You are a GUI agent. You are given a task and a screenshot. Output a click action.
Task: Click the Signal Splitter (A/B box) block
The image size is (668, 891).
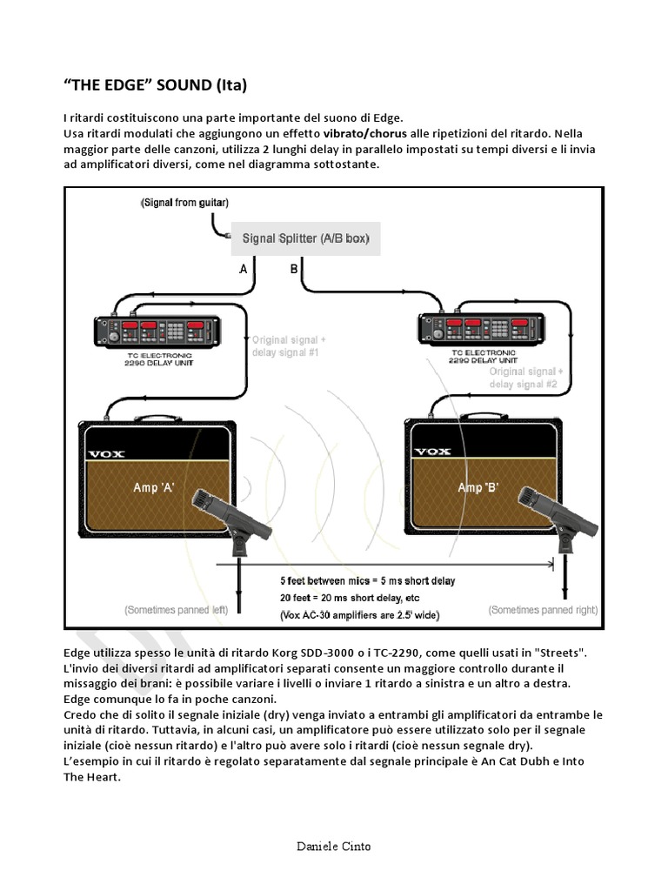tap(305, 238)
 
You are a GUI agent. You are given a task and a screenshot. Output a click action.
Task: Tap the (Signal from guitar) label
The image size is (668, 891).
tap(184, 203)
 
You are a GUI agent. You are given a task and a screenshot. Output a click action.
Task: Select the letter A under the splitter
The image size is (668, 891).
tap(244, 269)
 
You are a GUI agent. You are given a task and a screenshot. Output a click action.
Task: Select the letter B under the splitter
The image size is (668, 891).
tap(294, 269)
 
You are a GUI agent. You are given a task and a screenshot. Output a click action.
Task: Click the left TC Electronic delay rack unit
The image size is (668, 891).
tap(157, 332)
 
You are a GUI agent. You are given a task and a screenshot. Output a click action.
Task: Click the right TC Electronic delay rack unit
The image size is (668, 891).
tap(482, 328)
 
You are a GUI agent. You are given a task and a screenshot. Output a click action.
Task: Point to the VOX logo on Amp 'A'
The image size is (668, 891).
tap(106, 454)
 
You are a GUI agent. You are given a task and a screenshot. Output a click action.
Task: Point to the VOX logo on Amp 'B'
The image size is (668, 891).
tap(433, 452)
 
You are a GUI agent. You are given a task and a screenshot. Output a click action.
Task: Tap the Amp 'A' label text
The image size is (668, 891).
tap(153, 487)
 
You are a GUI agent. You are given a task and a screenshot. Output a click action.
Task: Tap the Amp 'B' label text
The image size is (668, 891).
tap(478, 487)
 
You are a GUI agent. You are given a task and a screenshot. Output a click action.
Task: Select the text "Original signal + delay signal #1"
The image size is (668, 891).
tap(289, 346)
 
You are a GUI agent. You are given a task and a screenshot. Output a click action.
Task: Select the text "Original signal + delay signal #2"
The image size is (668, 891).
tap(526, 378)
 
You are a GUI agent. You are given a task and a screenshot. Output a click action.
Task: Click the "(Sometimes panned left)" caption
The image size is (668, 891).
tap(176, 610)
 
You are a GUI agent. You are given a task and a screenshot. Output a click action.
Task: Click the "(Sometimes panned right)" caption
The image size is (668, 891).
tap(543, 610)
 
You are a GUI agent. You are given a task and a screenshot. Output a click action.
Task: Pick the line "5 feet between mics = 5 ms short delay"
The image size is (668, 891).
tap(368, 580)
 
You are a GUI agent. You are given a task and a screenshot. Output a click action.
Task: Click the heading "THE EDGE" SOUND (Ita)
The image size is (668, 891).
tap(155, 85)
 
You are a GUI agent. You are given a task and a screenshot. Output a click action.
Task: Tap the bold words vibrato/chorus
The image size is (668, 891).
tap(365, 134)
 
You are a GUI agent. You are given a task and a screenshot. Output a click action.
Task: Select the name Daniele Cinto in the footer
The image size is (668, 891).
tap(333, 847)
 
